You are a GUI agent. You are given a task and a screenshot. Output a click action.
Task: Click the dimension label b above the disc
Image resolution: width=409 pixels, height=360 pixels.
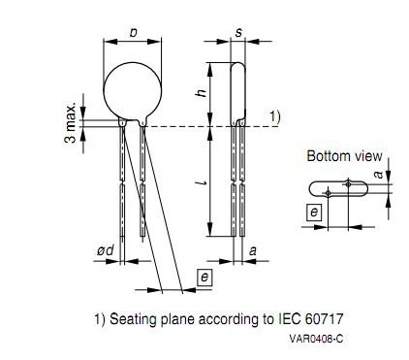point(133,33)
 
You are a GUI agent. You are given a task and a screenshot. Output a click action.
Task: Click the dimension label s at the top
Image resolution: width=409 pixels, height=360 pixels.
point(238,32)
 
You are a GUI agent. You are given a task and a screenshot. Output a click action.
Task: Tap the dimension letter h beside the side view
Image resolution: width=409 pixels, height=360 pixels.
point(202,93)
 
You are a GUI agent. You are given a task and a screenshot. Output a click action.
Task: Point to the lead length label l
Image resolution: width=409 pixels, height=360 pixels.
point(204,183)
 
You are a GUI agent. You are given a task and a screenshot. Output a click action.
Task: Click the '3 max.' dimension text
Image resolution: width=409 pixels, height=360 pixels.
point(71,123)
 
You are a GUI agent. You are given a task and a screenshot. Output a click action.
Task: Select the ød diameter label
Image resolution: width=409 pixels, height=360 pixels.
point(106,250)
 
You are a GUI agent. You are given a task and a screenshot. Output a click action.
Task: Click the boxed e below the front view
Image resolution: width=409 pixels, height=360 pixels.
point(204,278)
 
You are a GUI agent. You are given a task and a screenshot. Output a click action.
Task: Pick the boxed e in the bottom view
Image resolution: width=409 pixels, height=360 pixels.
point(314,213)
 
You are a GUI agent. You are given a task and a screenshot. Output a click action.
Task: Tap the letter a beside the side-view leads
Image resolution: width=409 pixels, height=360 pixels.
point(253,250)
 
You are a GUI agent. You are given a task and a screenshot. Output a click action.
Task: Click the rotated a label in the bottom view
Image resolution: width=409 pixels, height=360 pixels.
point(378,175)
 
